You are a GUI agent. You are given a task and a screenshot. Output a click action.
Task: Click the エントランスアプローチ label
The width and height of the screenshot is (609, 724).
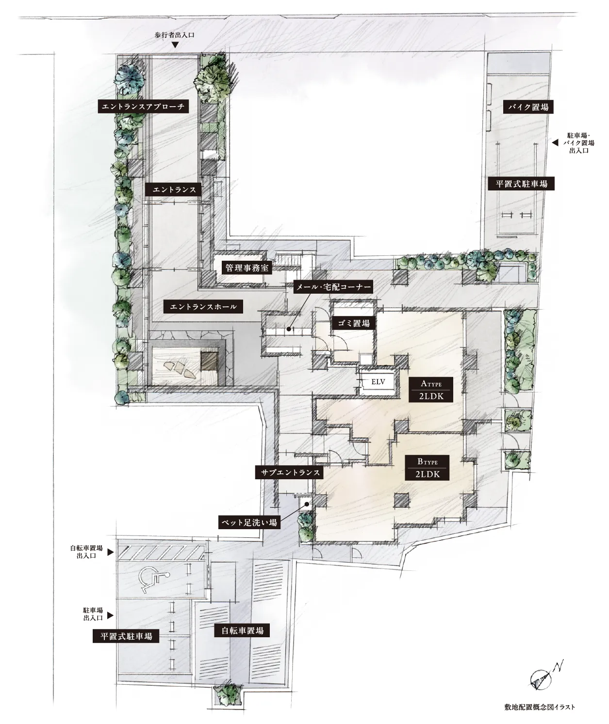pyautogui.click(x=144, y=107)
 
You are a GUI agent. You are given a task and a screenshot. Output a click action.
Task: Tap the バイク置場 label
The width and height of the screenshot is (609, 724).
pyautogui.click(x=528, y=107)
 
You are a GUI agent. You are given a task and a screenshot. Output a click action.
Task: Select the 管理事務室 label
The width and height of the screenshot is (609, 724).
pyautogui.click(x=247, y=268)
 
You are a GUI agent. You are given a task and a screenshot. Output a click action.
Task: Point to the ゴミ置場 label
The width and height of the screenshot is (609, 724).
pyautogui.click(x=353, y=323)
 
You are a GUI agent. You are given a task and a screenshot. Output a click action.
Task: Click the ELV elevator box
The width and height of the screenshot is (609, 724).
pyautogui.click(x=378, y=382)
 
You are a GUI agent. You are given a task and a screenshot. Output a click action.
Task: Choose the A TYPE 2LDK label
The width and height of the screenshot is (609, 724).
pyautogui.click(x=431, y=390)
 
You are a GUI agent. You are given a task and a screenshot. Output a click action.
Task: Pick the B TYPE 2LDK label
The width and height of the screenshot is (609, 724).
pyautogui.click(x=428, y=468)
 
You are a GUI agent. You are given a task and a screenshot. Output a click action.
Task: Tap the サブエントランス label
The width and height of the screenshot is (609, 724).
pyautogui.click(x=290, y=472)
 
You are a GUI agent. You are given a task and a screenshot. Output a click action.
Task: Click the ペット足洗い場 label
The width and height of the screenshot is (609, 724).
pyautogui.click(x=249, y=522)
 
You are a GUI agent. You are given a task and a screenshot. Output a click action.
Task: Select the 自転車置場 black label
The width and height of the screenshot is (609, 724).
pyautogui.click(x=242, y=630)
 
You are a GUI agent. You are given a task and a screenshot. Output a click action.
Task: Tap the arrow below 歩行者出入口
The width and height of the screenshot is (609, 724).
pyautogui.click(x=175, y=45)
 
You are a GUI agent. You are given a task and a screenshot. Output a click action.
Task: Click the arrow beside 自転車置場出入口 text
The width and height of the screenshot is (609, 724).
pyautogui.click(x=111, y=552)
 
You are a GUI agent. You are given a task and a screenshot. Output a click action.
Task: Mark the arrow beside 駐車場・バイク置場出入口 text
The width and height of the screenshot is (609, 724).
pyautogui.click(x=555, y=142)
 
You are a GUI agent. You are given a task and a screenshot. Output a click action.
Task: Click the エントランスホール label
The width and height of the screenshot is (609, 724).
pyautogui.click(x=203, y=307)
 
